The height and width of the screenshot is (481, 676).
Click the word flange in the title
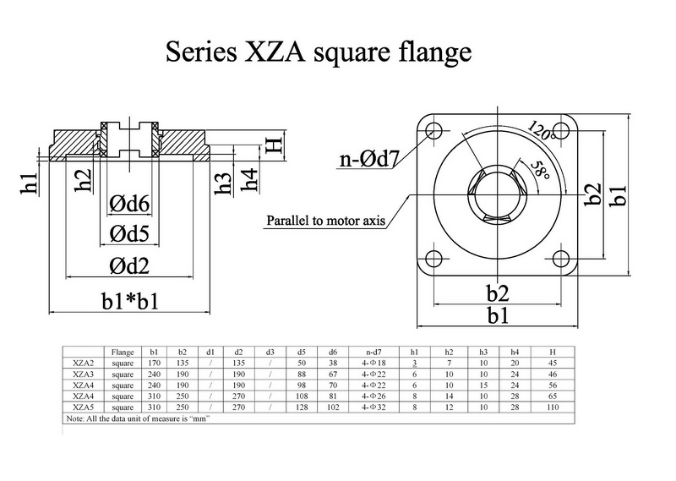pos(431,53)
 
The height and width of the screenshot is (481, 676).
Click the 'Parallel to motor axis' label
pos(327,221)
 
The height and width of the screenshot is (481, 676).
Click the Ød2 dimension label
pos(129,266)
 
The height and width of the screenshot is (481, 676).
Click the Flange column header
pos(123,350)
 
